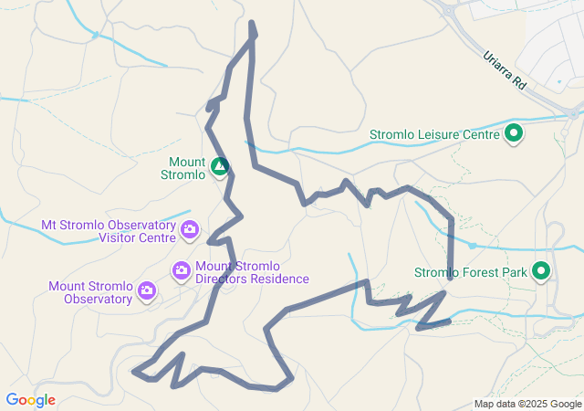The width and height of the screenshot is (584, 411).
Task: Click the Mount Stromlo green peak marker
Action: [x=219, y=166]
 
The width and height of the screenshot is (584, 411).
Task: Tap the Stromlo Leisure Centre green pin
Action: [x=514, y=134]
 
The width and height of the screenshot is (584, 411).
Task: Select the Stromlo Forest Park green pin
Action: [x=541, y=271]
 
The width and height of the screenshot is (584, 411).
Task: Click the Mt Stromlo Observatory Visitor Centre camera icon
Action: [x=190, y=229]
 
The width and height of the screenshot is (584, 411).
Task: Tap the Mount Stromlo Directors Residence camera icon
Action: [x=182, y=269]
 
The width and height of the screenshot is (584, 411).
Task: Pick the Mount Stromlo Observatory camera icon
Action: [x=147, y=290]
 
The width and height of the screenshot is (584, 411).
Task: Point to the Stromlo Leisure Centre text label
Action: [x=434, y=135]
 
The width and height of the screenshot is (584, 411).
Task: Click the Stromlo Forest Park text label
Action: [x=470, y=272]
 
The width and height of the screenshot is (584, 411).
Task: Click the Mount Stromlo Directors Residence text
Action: [x=252, y=272]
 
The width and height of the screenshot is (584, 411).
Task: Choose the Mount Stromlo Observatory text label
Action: [x=90, y=292]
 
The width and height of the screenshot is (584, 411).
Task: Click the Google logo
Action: [x=30, y=400]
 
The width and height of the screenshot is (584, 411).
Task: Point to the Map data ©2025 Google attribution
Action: [x=527, y=404]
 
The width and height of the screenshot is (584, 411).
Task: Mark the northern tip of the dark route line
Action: [x=252, y=23]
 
